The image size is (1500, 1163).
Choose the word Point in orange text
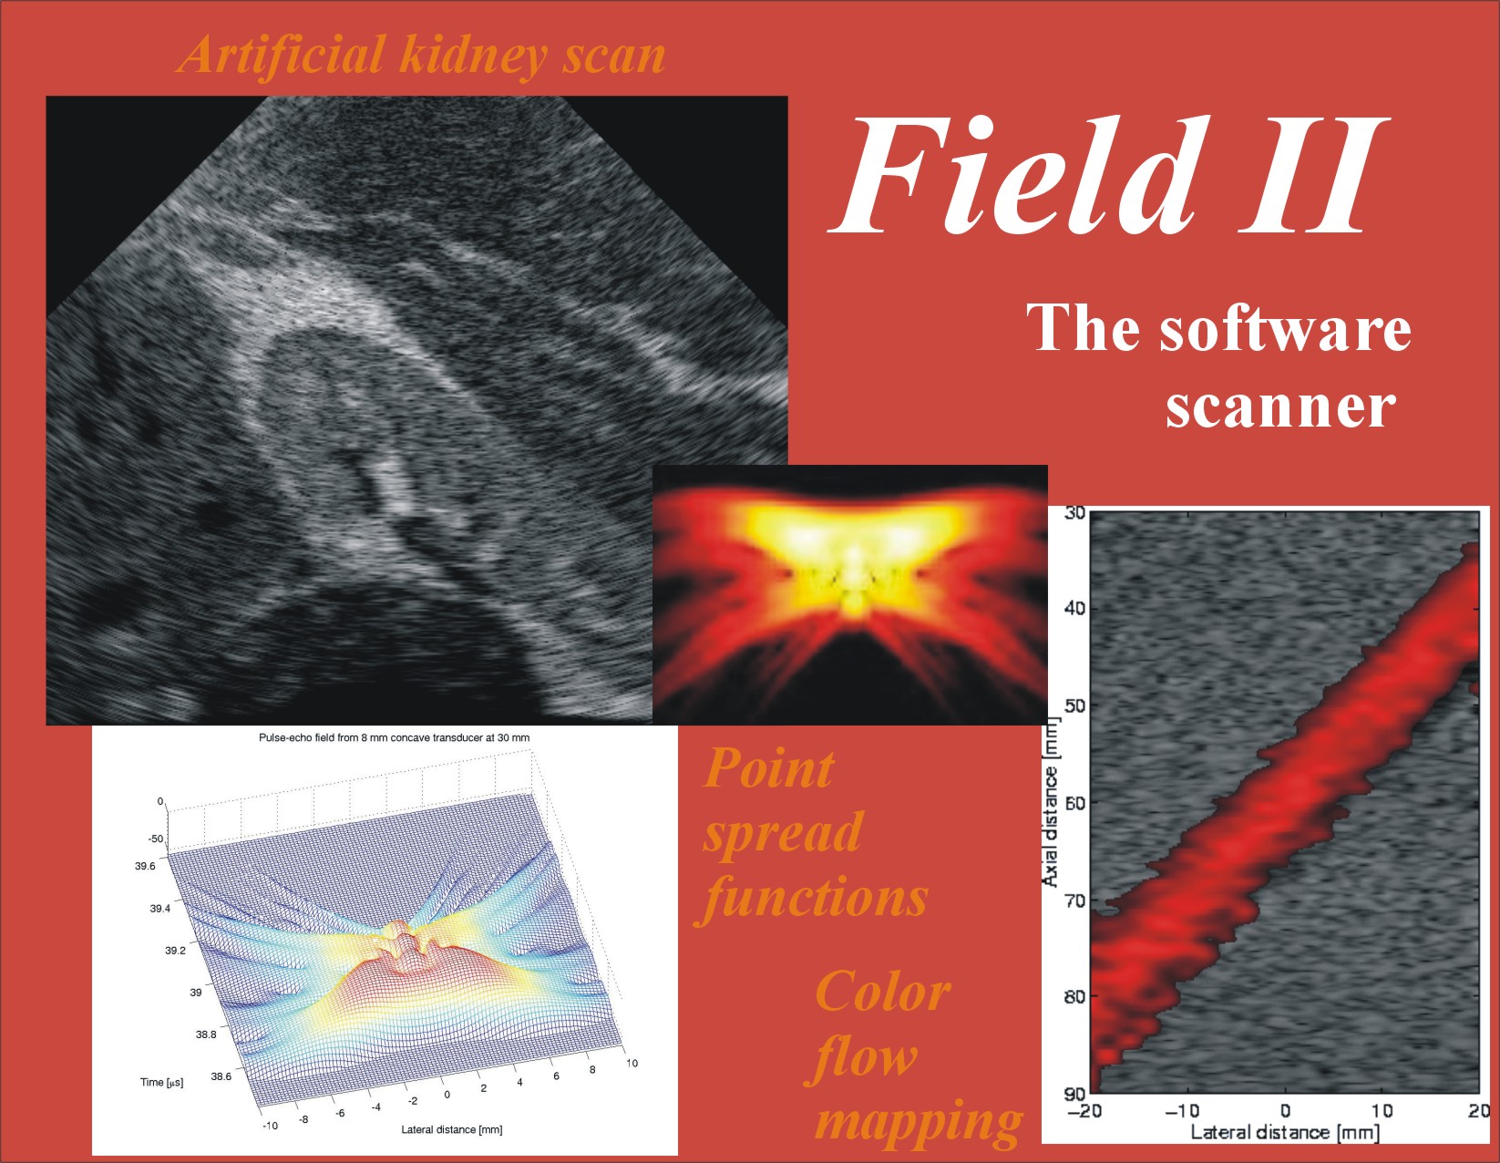(768, 768)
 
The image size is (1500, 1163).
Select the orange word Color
(882, 992)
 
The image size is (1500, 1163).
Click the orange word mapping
(919, 1121)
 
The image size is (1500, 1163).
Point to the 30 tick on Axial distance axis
(1075, 513)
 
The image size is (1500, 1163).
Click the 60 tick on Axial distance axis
(1075, 803)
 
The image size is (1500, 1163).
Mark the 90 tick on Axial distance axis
(1075, 1093)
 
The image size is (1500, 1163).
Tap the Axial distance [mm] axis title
(1051, 802)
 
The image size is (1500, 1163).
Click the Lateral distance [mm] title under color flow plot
(1285, 1133)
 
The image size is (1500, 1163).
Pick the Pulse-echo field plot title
(394, 738)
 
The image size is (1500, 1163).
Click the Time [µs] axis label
(161, 1083)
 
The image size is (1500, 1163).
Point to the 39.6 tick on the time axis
(145, 866)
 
